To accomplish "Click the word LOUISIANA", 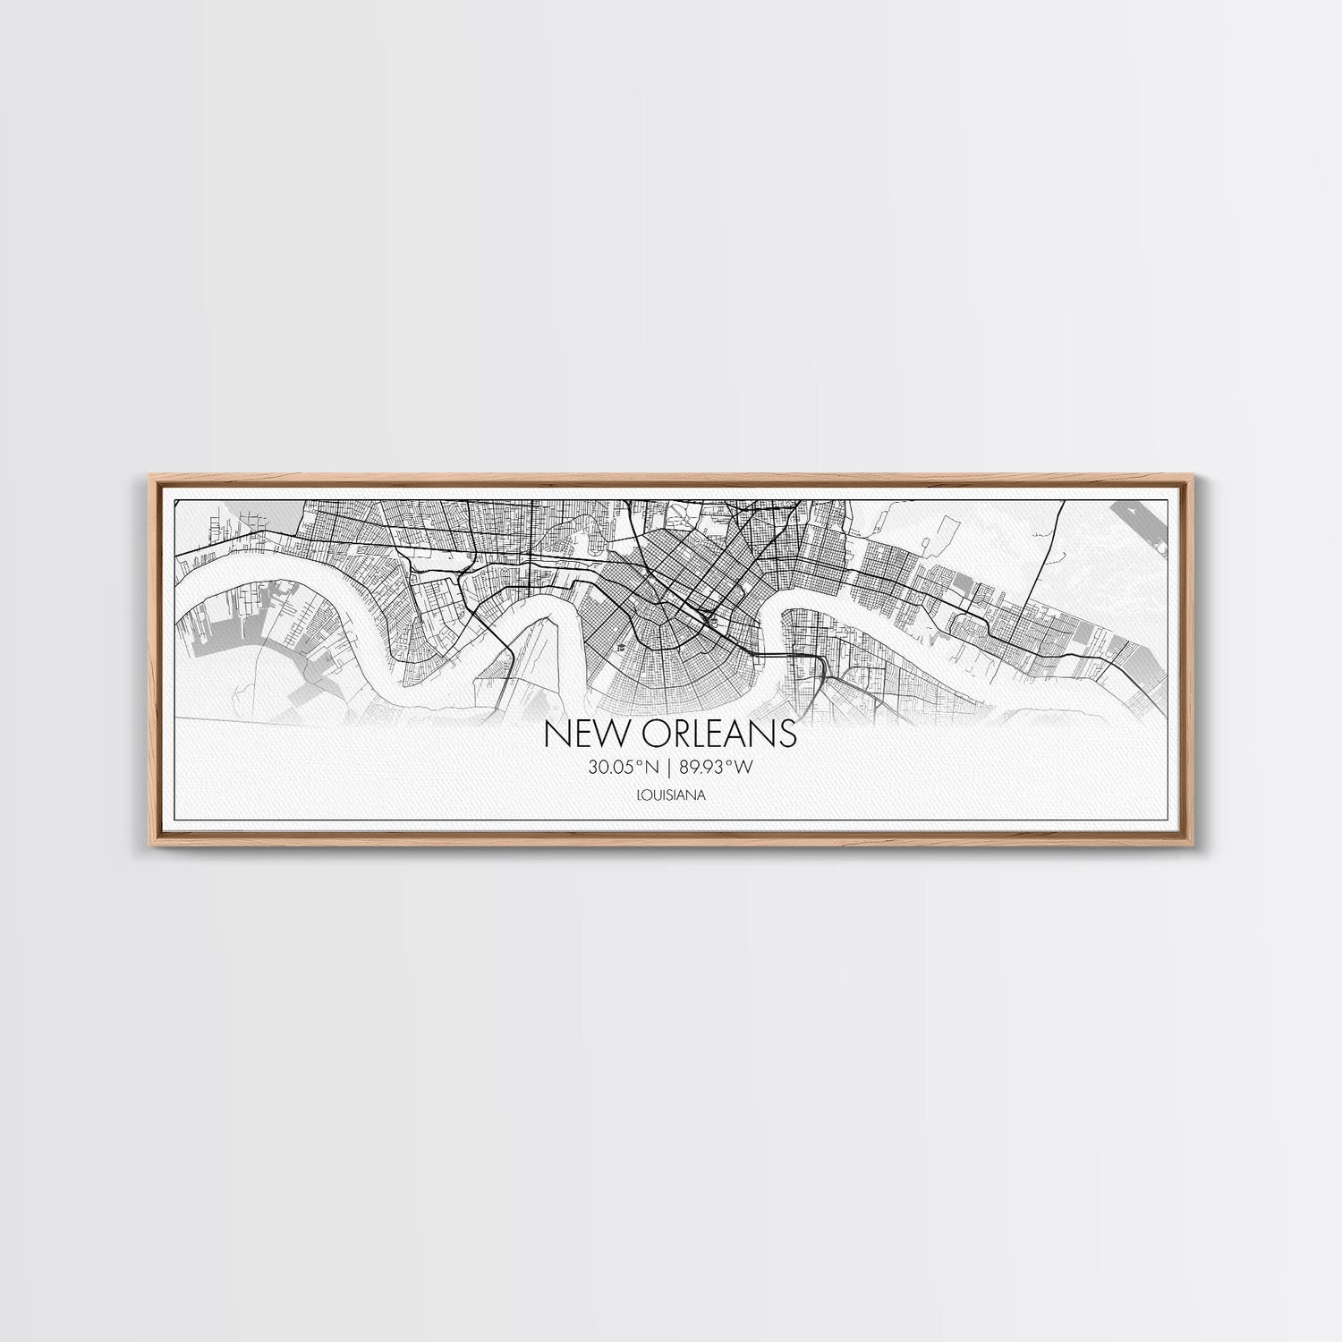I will tap(671, 794).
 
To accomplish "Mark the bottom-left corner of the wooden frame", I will tap(144, 846).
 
